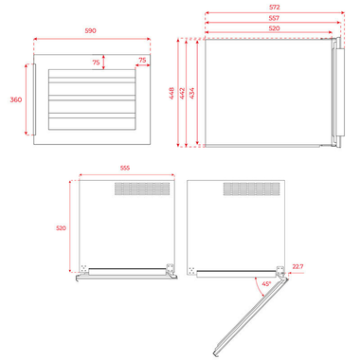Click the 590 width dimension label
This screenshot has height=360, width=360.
click(x=90, y=31)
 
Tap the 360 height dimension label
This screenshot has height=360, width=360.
click(x=16, y=99)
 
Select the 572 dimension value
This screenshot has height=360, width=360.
click(x=275, y=8)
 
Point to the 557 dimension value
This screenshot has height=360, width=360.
click(x=274, y=18)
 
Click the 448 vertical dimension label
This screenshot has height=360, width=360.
click(x=171, y=93)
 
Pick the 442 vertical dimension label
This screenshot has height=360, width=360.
click(x=182, y=93)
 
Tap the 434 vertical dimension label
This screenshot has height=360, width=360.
click(x=192, y=93)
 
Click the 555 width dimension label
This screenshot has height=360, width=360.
click(x=125, y=168)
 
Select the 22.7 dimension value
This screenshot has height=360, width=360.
click(x=297, y=266)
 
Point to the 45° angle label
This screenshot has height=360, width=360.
click(x=266, y=284)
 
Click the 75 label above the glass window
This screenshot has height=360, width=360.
click(x=96, y=63)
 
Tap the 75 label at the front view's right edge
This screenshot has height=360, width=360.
click(x=142, y=60)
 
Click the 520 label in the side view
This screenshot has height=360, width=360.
click(x=274, y=28)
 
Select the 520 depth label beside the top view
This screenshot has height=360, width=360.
click(x=61, y=228)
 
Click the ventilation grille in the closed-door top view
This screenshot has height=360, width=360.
click(x=142, y=189)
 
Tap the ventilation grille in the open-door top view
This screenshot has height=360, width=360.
click(x=252, y=189)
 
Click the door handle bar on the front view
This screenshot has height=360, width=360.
click(x=34, y=99)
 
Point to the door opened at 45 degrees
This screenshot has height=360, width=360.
click(x=251, y=315)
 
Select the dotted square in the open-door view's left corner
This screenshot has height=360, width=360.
click(x=191, y=271)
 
